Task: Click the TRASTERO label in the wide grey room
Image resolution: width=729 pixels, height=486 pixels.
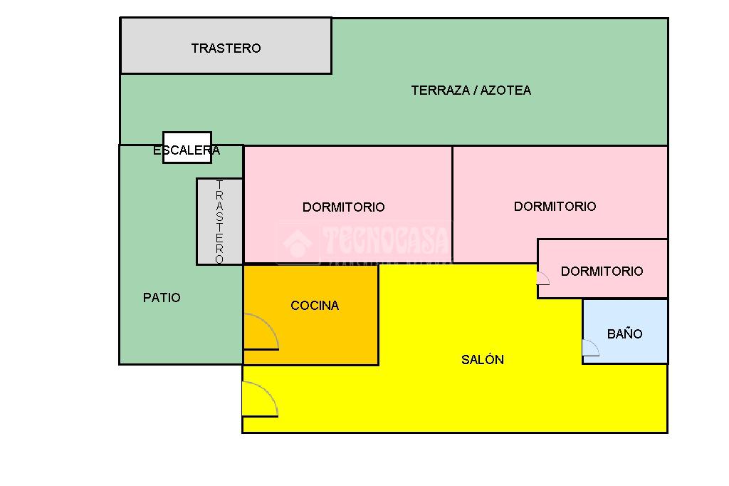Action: [226, 48]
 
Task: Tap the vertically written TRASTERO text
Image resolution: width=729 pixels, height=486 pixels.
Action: [219, 222]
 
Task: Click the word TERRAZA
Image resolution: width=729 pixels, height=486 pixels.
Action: [440, 91]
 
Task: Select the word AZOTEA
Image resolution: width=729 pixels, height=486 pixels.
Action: [505, 91]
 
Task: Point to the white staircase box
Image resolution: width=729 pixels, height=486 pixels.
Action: [187, 147]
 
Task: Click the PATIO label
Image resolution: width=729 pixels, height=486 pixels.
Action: [162, 298]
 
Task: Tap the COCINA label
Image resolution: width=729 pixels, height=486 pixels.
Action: [315, 306]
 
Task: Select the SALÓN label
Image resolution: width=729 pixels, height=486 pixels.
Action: [483, 360]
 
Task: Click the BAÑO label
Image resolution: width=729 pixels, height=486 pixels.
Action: [624, 334]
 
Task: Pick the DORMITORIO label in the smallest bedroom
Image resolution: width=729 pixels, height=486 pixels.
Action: [602, 272]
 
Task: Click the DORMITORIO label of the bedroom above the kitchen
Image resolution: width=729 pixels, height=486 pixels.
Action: [343, 207]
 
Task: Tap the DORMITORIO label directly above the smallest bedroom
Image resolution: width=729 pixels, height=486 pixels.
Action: [555, 207]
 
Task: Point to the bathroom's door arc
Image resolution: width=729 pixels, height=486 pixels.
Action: [590, 348]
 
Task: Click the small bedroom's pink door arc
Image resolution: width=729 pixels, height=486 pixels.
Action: [543, 279]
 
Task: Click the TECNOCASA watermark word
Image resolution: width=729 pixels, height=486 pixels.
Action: [384, 241]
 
